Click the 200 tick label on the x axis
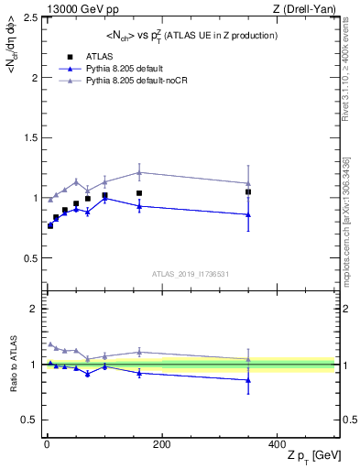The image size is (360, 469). pos(161,444)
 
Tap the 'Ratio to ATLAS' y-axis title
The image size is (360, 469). pos(11,364)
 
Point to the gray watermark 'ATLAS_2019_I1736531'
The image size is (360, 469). pos(190,273)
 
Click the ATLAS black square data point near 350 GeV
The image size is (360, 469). pos(248,192)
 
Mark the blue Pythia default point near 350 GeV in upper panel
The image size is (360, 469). pos(248,214)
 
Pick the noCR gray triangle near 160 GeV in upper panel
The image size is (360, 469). pos(139,172)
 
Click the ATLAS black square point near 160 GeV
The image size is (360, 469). pos(139,193)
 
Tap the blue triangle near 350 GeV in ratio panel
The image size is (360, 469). pos(248,379)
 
